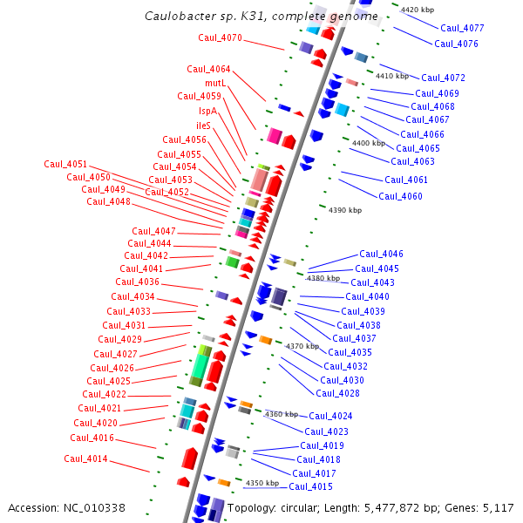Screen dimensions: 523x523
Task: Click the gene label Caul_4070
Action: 220,37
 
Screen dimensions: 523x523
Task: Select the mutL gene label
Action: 215,83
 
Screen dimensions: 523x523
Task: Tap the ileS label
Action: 203,126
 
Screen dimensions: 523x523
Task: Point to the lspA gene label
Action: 207,111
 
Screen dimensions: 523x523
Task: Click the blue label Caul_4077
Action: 462,28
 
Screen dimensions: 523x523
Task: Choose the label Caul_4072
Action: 443,78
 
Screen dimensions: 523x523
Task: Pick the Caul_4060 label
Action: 400,196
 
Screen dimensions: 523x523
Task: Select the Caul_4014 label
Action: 85,458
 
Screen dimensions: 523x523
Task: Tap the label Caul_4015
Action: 311,486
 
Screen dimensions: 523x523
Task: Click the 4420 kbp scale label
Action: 418,10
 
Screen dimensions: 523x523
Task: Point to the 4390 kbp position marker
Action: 345,210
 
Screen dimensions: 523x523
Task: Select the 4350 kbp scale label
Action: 262,483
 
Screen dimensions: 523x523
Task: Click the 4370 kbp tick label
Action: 302,346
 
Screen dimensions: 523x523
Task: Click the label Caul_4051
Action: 65,164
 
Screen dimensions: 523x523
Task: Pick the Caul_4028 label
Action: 337,393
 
